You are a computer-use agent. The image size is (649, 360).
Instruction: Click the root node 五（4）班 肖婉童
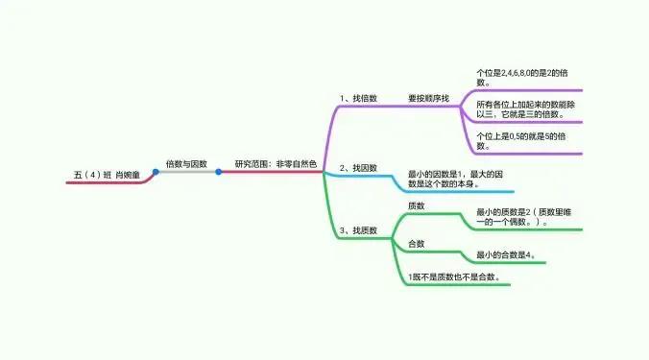click(107, 175)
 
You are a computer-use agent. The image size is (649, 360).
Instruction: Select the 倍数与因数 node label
click(186, 164)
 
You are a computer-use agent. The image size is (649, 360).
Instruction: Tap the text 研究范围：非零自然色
click(275, 164)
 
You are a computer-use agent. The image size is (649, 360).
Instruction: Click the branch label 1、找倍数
click(358, 98)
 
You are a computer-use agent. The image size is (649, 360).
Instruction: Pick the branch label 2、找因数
click(358, 168)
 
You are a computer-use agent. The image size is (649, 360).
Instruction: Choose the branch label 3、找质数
click(358, 231)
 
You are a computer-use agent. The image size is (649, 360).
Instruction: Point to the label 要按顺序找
click(428, 98)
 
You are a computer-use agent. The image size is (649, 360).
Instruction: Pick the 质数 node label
click(417, 206)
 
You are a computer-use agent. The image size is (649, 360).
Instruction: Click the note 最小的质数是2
click(518, 218)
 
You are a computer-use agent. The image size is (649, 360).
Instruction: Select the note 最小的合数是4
click(506, 255)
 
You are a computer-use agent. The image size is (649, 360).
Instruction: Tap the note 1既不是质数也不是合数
click(454, 277)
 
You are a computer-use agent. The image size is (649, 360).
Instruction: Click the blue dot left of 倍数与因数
click(155, 172)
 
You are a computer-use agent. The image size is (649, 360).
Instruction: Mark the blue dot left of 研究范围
click(219, 172)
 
